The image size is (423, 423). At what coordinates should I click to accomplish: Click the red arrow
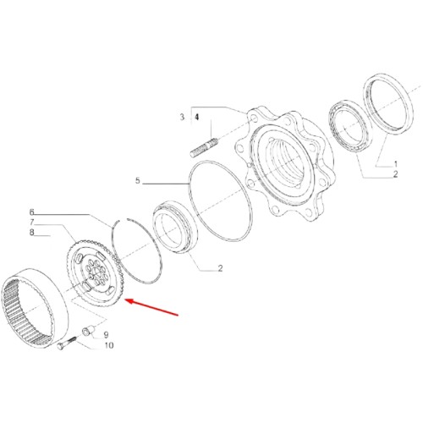tap(152, 307)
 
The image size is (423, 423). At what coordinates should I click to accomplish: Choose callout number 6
tap(32, 211)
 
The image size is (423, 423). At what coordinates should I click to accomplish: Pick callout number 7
tap(32, 222)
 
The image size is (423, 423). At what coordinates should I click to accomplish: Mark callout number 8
tap(32, 232)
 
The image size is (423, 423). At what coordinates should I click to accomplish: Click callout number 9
tap(107, 334)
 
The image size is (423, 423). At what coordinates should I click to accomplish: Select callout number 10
tap(108, 345)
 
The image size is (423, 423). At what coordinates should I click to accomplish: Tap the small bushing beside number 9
tap(85, 330)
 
